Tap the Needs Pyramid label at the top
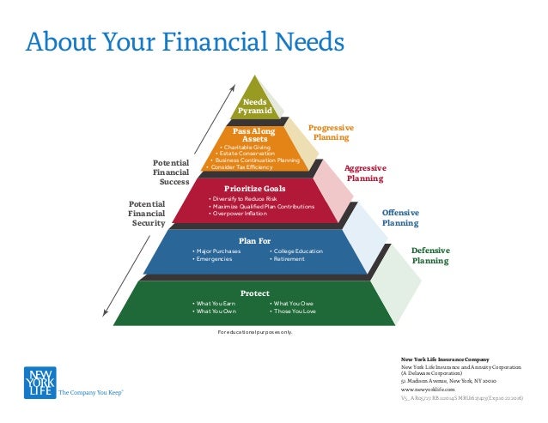click(x=255, y=106)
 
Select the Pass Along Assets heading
click(x=254, y=135)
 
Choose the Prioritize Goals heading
click(x=254, y=188)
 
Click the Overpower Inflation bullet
click(x=244, y=214)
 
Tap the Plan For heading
click(x=259, y=241)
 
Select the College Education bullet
click(x=297, y=251)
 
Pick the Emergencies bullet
click(x=216, y=259)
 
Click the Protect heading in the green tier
click(x=255, y=293)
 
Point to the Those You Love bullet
click(x=294, y=311)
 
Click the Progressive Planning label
click(x=331, y=132)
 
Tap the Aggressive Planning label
click(x=365, y=173)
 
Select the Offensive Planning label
click(x=399, y=217)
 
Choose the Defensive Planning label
click(x=430, y=255)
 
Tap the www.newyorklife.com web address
click(x=427, y=389)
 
